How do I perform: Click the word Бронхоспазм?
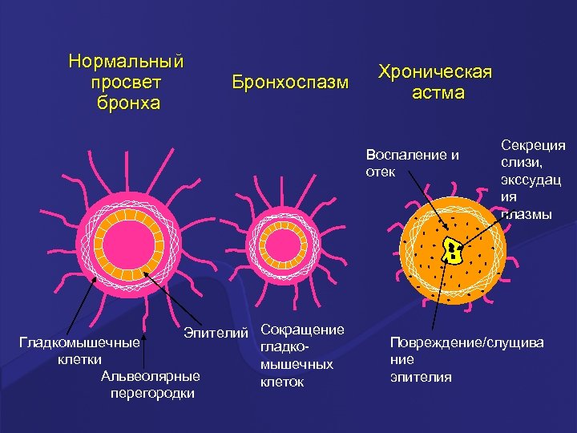pos(290,83)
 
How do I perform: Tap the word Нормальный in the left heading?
pos(127,62)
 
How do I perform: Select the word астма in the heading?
pos(438,93)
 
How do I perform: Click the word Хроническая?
pos(435,72)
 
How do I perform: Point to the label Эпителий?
pos(216,331)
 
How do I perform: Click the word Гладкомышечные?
pos(79,343)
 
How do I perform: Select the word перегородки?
pos(152,393)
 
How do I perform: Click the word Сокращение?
pos(303,330)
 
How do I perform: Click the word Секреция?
pos(533,145)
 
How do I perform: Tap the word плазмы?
pos(530,213)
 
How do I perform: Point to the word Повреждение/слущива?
pos(466,342)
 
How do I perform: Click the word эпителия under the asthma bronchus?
pos(421,376)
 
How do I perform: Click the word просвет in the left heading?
pos(127,83)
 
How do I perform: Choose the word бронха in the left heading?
pos(127,103)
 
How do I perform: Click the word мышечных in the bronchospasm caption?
pos(297,365)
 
